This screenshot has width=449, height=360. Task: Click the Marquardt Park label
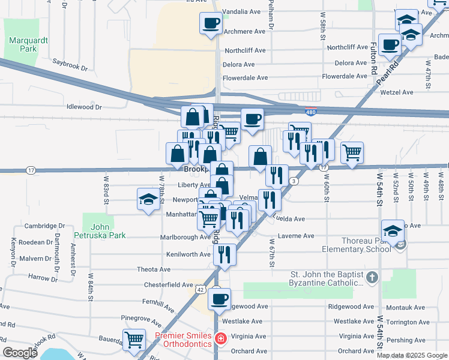pyautogui.click(x=24, y=44)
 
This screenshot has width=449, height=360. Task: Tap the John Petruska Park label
pyautogui.click(x=108, y=231)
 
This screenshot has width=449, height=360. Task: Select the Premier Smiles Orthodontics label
pyautogui.click(x=184, y=340)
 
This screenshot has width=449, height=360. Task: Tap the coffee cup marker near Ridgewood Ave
pyautogui.click(x=219, y=298)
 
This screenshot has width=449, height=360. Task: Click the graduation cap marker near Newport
pyautogui.click(x=148, y=200)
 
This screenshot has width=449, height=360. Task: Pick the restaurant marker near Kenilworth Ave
pyautogui.click(x=224, y=255)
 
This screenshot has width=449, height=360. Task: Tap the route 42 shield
pyautogui.click(x=200, y=289)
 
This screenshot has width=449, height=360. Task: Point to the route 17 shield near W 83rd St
pyautogui.click(x=31, y=170)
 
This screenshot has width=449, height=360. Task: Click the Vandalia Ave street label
pyautogui.click(x=244, y=12)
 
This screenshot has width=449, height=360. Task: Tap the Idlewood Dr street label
pyautogui.click(x=85, y=107)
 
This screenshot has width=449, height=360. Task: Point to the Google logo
pyautogui.click(x=20, y=353)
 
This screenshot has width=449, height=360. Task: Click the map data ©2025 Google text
pyautogui.click(x=411, y=355)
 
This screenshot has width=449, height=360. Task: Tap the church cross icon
pyautogui.click(x=373, y=278)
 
